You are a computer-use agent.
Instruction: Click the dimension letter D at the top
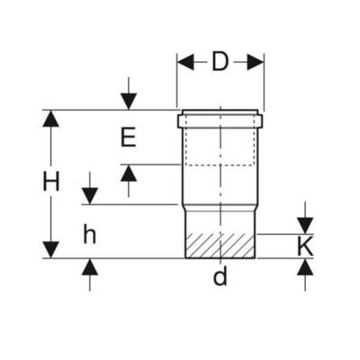pos(220,62)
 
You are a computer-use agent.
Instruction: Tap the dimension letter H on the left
pos(51,181)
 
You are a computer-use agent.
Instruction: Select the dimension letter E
pos(128,137)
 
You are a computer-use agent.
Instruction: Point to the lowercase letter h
pos(90,235)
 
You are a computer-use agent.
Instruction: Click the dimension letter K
pos(305,247)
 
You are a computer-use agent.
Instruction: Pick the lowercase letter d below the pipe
pos(220,276)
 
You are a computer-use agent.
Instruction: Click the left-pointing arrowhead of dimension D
pos(185,62)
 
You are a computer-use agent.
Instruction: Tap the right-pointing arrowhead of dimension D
pos(256,62)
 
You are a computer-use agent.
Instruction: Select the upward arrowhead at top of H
pos(50,119)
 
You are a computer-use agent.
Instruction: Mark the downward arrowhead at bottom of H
pos(50,249)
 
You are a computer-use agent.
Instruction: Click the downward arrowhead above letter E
pos(129,102)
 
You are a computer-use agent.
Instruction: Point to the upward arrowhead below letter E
pos(129,173)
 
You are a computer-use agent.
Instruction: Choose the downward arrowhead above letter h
pos(90,196)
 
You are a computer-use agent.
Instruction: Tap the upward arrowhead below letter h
pos(90,266)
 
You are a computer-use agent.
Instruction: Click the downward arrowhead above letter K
pos(305,225)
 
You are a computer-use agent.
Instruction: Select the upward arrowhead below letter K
pos(305,267)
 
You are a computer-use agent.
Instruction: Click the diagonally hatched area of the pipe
pos(220,246)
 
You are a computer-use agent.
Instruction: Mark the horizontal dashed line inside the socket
pos(220,165)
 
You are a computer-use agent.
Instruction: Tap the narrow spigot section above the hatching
pos(220,222)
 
